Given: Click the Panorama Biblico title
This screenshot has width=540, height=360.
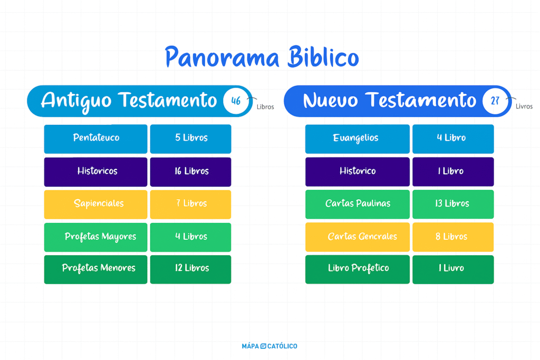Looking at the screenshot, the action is (x=262, y=57).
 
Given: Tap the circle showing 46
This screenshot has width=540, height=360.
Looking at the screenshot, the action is (x=236, y=101).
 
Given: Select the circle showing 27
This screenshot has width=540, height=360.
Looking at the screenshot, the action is (x=495, y=101).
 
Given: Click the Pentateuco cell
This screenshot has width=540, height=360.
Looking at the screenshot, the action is (x=96, y=139).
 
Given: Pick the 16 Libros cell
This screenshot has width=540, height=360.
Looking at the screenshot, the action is (x=191, y=172).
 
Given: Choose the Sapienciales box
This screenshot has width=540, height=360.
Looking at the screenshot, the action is (x=96, y=205).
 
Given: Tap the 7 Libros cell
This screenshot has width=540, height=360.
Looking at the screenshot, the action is (x=191, y=205).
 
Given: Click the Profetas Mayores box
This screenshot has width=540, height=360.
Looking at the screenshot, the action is (x=96, y=237).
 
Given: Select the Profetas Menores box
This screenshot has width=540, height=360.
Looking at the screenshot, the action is (x=96, y=269).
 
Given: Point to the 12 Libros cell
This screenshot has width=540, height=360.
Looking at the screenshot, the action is (x=191, y=269).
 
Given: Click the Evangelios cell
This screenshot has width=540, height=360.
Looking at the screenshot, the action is (x=358, y=139).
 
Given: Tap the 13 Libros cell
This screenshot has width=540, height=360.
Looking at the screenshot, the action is (x=453, y=205).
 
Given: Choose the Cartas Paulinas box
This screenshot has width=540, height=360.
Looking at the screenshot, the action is (x=358, y=205).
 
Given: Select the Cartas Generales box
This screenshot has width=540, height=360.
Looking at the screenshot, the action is (x=358, y=237).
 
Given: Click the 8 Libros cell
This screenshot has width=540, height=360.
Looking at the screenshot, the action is (x=453, y=237).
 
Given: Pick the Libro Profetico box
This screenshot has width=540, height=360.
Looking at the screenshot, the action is (x=358, y=269).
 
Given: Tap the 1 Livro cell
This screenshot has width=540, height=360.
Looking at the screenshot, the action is (x=453, y=269).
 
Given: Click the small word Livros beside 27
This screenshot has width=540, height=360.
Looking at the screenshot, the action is (x=524, y=106).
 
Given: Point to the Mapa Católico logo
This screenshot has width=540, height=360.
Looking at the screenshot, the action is (x=269, y=346).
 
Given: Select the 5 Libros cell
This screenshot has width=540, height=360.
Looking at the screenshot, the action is (x=191, y=139).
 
